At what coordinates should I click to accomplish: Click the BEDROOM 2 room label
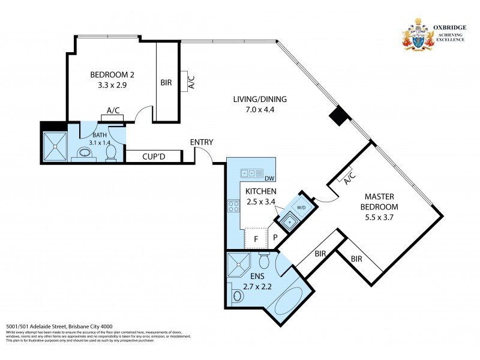(x=112, y=74)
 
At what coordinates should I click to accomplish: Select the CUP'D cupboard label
(x=154, y=157)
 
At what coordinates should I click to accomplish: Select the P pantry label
(x=275, y=238)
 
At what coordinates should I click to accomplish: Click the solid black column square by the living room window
(x=339, y=116)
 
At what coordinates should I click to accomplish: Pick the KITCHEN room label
(x=260, y=191)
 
